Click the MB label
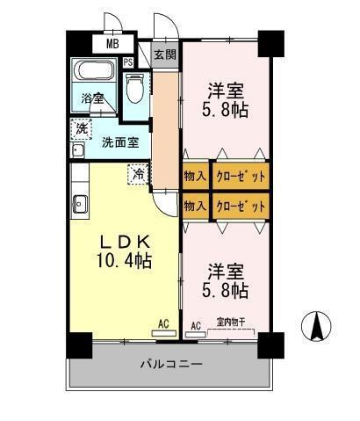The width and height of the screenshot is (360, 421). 112,43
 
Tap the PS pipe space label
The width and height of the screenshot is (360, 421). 128,62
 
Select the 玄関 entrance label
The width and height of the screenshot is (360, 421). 164,54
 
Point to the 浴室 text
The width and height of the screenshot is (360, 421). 92,98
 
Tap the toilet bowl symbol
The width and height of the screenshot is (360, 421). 134,89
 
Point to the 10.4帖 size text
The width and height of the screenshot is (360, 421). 124,261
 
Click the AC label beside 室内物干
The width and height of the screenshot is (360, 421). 196,325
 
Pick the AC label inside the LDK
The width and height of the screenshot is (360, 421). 163,324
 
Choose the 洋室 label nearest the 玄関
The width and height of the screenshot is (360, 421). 226,92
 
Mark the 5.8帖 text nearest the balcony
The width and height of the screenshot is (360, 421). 227,289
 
